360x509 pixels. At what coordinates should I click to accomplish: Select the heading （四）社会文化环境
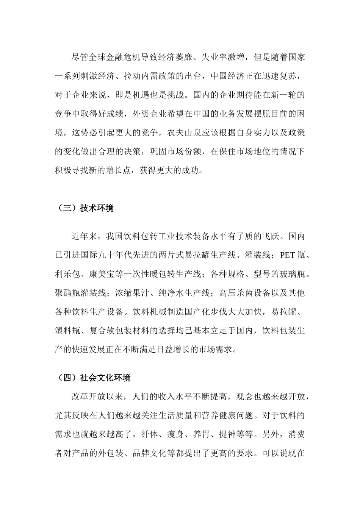pos(93,378)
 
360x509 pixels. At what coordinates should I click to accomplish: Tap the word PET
pos(287,255)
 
